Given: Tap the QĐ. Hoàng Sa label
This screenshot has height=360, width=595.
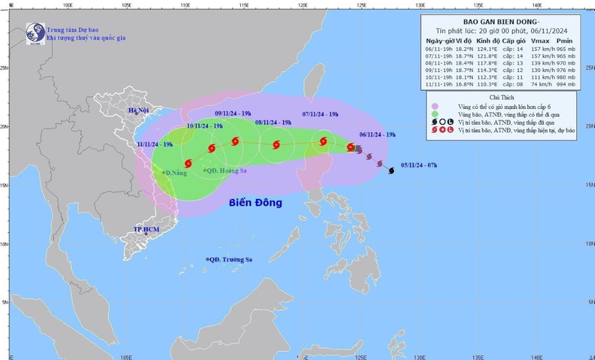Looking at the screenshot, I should [x=228, y=171].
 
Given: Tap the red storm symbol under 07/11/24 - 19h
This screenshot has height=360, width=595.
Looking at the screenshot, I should [x=323, y=142].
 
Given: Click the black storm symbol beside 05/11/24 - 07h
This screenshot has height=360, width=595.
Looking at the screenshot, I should [x=392, y=171].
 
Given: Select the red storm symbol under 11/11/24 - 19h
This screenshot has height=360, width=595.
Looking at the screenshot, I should [x=188, y=164].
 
